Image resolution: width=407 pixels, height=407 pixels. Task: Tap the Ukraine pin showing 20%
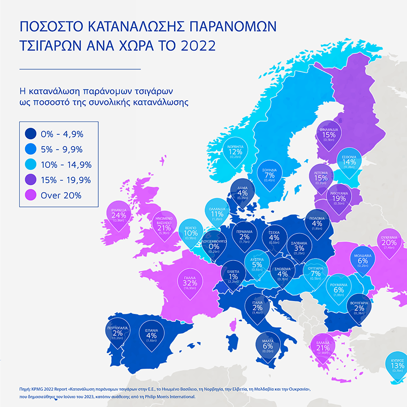[x=389, y=243]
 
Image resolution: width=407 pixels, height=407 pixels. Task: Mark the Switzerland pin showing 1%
[x=234, y=277]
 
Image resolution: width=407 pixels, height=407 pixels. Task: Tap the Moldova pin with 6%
[x=363, y=260]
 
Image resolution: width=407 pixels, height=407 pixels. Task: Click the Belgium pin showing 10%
[x=191, y=233]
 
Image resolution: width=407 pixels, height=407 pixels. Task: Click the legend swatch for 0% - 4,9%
[x=31, y=134]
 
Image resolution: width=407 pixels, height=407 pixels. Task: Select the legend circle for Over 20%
[x=31, y=195]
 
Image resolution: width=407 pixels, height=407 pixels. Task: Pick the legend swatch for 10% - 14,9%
[x=31, y=164]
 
